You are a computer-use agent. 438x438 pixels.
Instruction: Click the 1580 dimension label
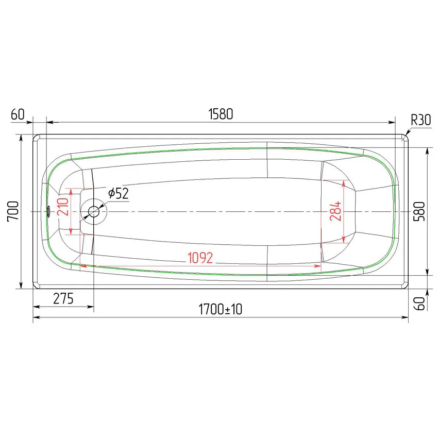click(x=221, y=114)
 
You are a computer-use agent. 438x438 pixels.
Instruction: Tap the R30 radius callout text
click(x=420, y=120)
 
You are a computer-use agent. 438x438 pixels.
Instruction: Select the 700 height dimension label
click(x=13, y=211)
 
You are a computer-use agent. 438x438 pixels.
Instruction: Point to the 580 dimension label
click(x=419, y=211)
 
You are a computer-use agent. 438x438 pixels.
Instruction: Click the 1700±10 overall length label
click(x=221, y=309)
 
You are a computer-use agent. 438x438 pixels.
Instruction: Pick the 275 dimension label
click(x=63, y=298)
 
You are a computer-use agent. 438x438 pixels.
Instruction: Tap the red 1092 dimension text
click(x=200, y=258)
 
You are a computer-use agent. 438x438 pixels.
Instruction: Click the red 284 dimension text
click(x=335, y=211)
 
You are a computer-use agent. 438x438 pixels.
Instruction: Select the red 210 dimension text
click(x=63, y=207)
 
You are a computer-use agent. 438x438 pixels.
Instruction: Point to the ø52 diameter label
click(x=119, y=193)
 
